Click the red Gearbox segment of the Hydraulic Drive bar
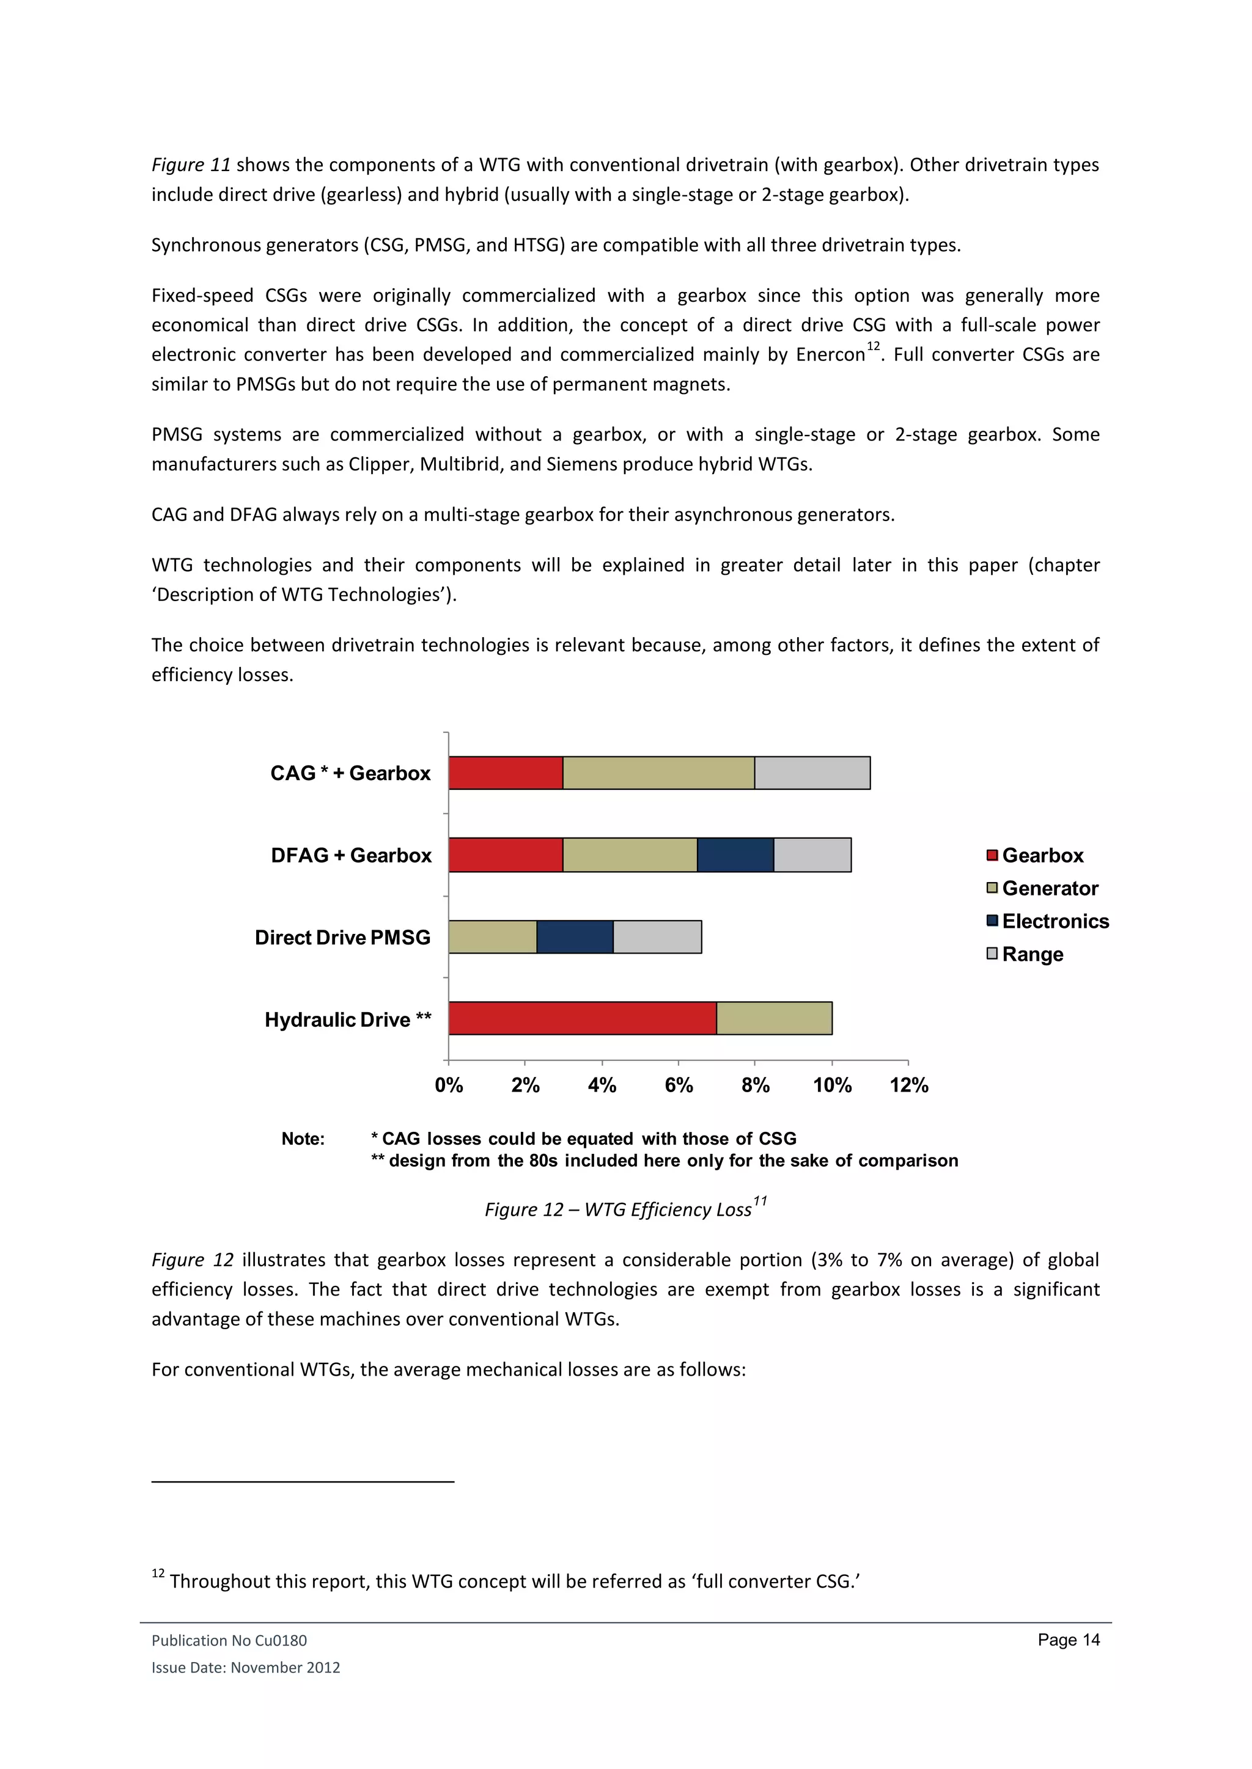coord(582,1018)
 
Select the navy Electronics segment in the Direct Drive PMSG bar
coord(575,937)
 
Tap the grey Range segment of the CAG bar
coord(812,773)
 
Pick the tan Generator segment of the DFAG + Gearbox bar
coord(630,855)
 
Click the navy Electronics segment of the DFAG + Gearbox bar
coord(735,855)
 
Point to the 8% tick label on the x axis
coord(755,1085)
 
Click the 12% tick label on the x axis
coord(908,1085)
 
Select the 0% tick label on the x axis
coord(449,1085)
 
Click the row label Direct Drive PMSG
coord(342,938)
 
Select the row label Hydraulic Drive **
coord(348,1020)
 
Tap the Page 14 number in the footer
coord(1068,1640)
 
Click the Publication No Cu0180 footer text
coord(229,1641)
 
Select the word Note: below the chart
coord(303,1139)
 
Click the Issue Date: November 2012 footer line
coord(245,1668)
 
